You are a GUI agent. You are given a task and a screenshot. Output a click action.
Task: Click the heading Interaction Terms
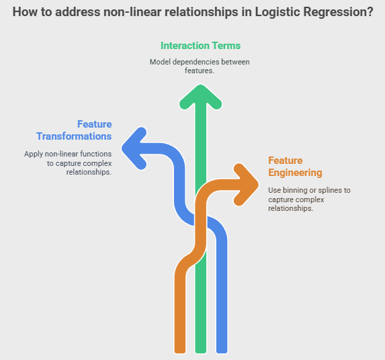click(x=201, y=46)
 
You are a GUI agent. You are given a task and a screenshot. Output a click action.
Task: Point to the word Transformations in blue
click(x=74, y=136)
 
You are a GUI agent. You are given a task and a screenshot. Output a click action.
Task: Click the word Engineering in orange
click(x=295, y=173)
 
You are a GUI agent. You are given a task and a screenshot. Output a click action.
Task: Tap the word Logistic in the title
click(x=277, y=12)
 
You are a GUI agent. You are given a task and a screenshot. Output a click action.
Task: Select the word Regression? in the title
click(x=339, y=12)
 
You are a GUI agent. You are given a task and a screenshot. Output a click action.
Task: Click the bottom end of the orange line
click(x=180, y=353)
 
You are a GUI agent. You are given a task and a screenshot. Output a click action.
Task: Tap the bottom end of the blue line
click(x=222, y=353)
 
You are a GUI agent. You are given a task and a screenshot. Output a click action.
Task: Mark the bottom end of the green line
click(x=201, y=353)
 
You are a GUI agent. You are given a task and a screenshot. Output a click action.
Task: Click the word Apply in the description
click(x=34, y=154)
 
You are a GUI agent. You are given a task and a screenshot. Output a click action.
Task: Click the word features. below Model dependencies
click(x=200, y=71)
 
